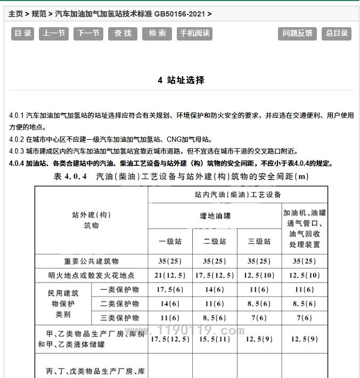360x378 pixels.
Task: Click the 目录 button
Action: pyautogui.click(x=23, y=33)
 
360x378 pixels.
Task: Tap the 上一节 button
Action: pyautogui.click(x=54, y=33)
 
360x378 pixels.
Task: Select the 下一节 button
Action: pyautogui.click(x=88, y=33)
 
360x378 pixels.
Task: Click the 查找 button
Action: pyautogui.click(x=122, y=33)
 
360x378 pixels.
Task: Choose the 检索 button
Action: pyautogui.click(x=157, y=33)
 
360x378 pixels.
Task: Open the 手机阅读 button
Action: pyautogui.click(x=195, y=33)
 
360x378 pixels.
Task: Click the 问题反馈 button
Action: pyautogui.click(x=297, y=33)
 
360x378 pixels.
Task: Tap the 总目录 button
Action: pyautogui.click(x=337, y=33)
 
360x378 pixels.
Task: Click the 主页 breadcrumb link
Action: pyautogui.click(x=15, y=14)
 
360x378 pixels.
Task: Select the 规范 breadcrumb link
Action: pyautogui.click(x=39, y=14)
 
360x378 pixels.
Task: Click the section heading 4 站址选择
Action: pyautogui.click(x=181, y=81)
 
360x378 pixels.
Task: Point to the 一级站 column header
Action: pyautogui.click(x=170, y=241)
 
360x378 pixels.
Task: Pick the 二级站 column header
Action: pyautogui.click(x=215, y=241)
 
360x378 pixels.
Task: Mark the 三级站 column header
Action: pyautogui.click(x=259, y=241)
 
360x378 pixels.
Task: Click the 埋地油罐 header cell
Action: pyautogui.click(x=215, y=216)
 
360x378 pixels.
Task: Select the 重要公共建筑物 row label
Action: pyautogui.click(x=92, y=261)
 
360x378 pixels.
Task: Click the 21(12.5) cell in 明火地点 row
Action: pyautogui.click(x=170, y=276)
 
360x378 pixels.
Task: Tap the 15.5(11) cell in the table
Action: pyautogui.click(x=215, y=339)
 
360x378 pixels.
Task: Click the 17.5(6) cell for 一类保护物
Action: pyautogui.click(x=170, y=289)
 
